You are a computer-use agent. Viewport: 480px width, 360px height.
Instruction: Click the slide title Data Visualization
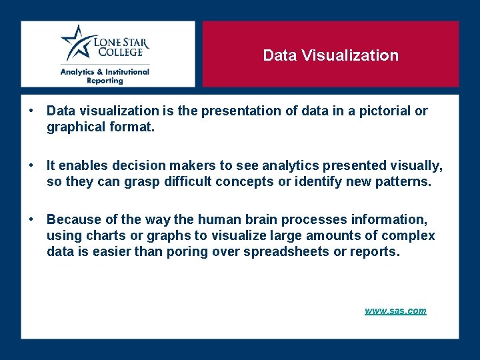(x=331, y=55)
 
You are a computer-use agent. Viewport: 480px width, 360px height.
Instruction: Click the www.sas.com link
(x=395, y=311)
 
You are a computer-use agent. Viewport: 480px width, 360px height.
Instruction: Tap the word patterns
(x=400, y=181)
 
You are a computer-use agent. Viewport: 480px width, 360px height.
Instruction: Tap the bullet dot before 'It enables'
(x=31, y=165)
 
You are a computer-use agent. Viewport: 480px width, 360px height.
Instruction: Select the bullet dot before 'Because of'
(x=31, y=219)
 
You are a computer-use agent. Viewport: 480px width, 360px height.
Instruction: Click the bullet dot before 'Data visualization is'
(x=31, y=111)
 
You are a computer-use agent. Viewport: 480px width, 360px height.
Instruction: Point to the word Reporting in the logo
(x=105, y=81)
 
